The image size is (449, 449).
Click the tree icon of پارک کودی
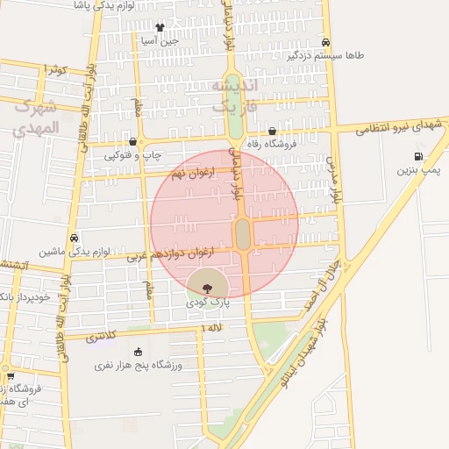coord(207,286)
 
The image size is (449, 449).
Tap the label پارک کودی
coord(207,301)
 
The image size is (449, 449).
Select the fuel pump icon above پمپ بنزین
coord(418,157)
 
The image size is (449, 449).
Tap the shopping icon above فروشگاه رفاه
coord(272,132)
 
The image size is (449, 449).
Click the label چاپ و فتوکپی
coord(134,154)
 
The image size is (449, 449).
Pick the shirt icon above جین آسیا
coord(159,28)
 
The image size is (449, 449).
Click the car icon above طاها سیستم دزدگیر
coord(325,42)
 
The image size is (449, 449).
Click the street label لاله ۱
coord(211,327)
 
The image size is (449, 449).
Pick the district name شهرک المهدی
coord(36,117)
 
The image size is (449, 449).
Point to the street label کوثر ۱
coord(56,68)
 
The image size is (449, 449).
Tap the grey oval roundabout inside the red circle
coord(243,233)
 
